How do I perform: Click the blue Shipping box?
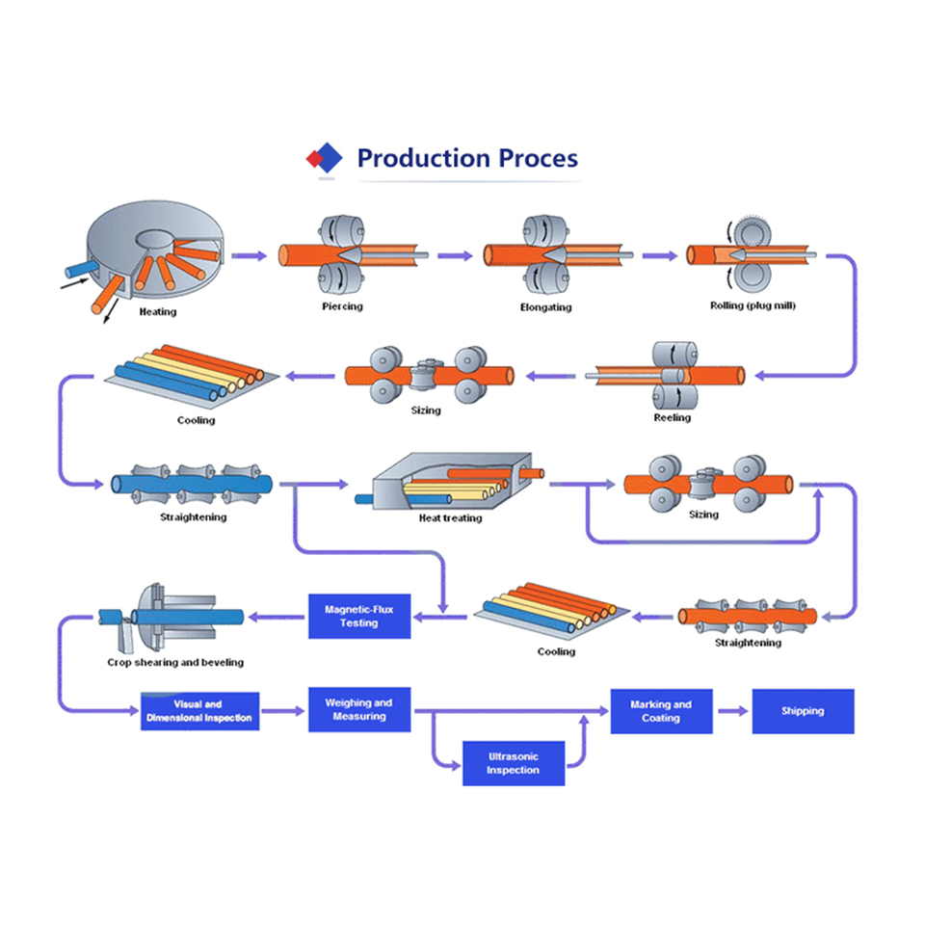[x=803, y=711]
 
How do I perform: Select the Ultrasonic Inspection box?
[x=513, y=763]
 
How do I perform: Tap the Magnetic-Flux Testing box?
[x=358, y=617]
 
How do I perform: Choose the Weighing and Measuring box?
[x=358, y=710]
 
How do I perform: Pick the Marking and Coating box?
[x=661, y=711]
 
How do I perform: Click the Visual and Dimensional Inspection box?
[x=199, y=711]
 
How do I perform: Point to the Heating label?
[x=158, y=312]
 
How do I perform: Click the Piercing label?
[x=342, y=307]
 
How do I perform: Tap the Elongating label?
[x=545, y=307]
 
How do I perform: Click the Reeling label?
[x=672, y=418]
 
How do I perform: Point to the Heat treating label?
[x=450, y=518]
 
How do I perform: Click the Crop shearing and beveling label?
[x=174, y=662]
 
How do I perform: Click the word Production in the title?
[x=423, y=158]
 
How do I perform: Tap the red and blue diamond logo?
[x=325, y=157]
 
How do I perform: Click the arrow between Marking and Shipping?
[x=733, y=711]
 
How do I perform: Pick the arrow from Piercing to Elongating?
[x=455, y=256]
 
